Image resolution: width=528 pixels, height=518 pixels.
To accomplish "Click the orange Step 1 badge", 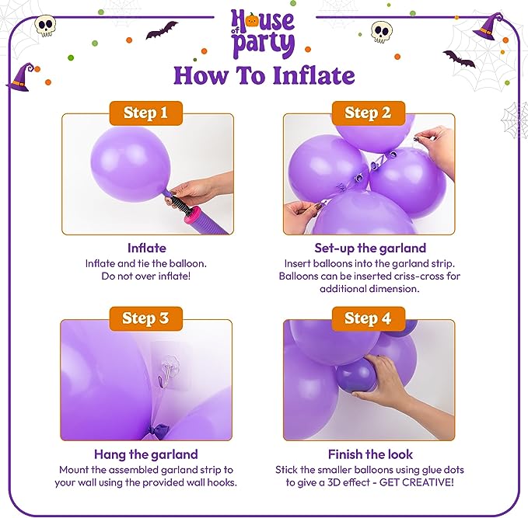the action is point(146,113).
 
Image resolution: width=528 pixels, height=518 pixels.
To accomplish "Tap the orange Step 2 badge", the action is point(369,113).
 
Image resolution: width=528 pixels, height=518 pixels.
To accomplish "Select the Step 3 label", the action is point(146,318).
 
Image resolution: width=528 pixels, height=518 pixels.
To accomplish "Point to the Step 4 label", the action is point(369,318).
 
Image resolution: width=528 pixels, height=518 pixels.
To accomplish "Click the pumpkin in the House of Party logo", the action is point(252,20).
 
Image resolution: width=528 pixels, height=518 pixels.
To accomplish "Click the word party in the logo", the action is point(264,44).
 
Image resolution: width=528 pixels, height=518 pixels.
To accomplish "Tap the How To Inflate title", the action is point(264,75).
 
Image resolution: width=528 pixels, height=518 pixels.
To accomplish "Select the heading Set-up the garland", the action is point(370,249).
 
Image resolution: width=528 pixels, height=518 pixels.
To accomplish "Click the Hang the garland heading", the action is point(146,454).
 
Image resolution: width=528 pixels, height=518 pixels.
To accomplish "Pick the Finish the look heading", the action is point(370,454).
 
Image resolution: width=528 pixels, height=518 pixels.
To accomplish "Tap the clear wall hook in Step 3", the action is point(169,372).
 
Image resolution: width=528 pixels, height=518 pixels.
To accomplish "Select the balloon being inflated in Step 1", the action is point(131,164).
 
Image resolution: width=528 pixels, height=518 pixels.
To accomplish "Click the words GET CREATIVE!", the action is point(417,482).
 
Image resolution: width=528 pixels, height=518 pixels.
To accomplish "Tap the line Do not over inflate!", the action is point(146,276).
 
